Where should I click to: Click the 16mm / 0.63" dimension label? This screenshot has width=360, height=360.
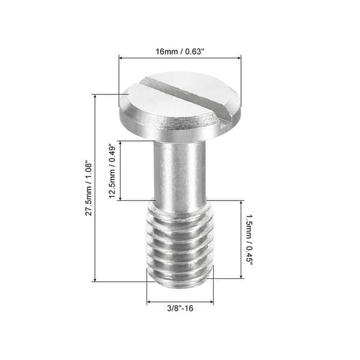tap(180, 52)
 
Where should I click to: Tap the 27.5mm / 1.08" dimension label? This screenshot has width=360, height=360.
tap(88, 188)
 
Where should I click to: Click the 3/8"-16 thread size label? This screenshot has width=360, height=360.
tap(179, 309)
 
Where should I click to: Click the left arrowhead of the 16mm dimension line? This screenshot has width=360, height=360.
tap(121, 58)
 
